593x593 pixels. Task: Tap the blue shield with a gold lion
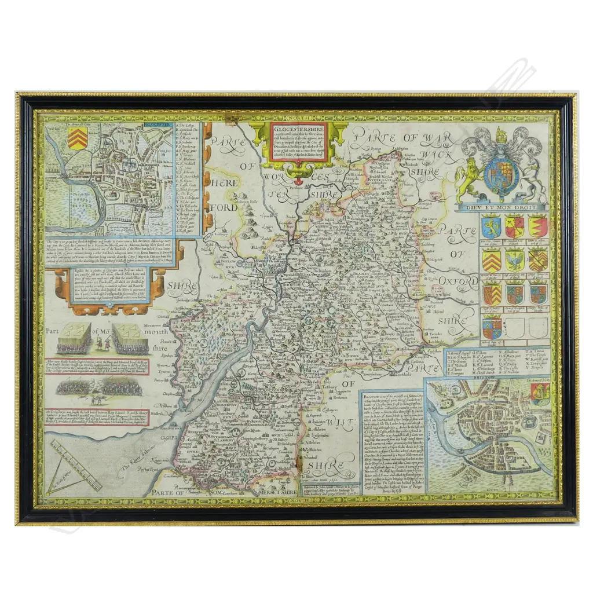pos(491,226)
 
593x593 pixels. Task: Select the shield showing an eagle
pos(514,260)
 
